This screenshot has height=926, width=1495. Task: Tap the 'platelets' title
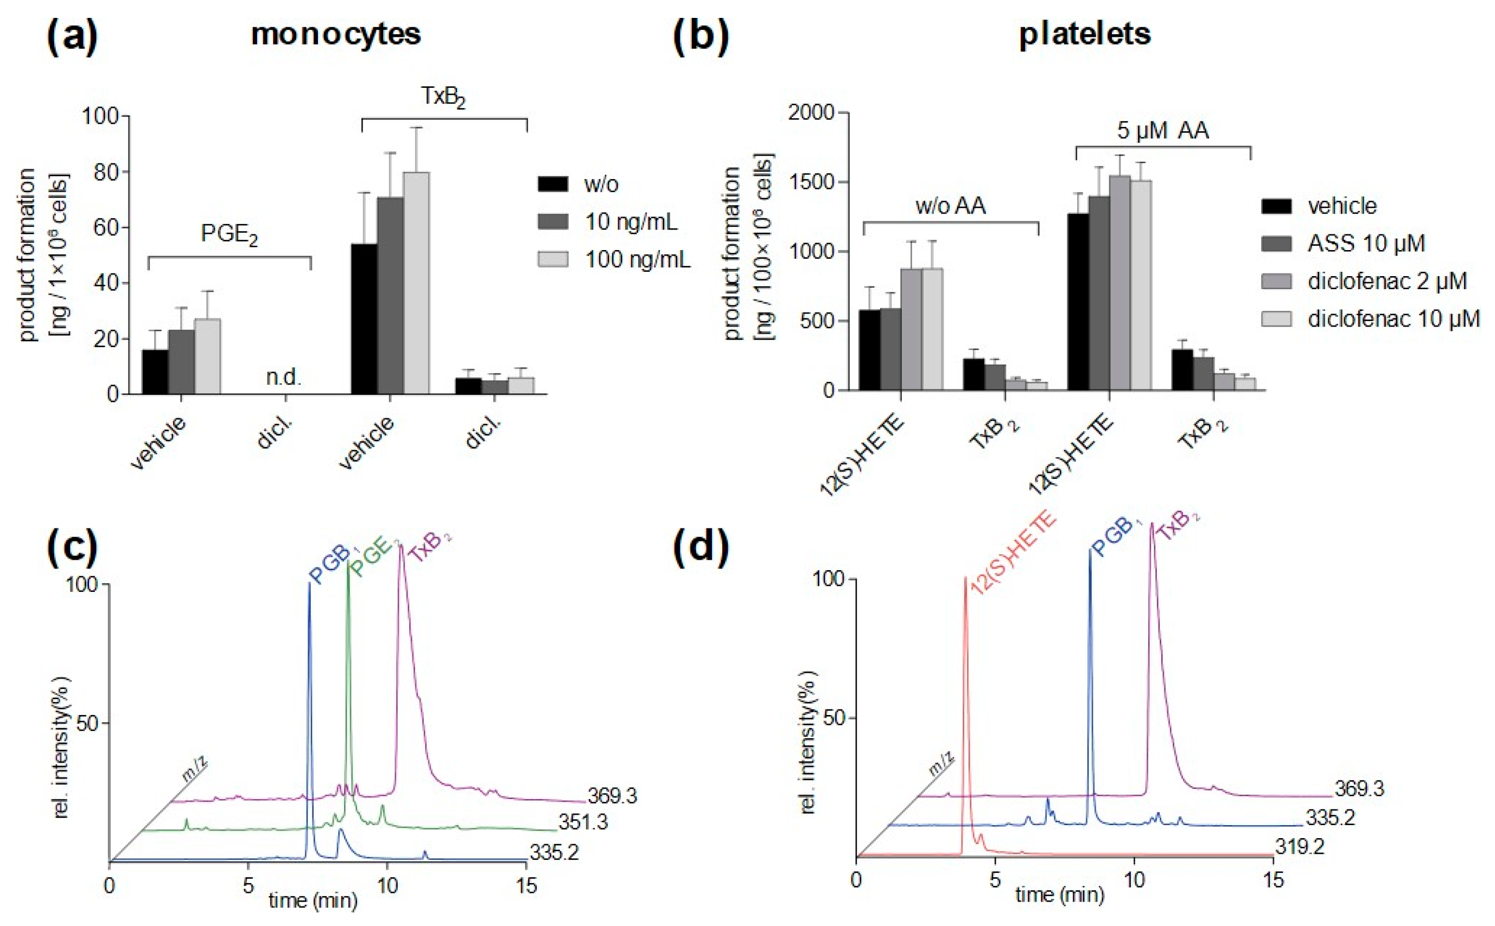click(x=1084, y=34)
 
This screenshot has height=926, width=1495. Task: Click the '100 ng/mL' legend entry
click(x=637, y=260)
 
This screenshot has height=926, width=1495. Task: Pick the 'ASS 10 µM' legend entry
click(x=1366, y=243)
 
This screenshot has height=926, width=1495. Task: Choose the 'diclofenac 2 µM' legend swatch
click(x=1276, y=281)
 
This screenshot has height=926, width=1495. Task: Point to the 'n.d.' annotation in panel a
click(x=284, y=376)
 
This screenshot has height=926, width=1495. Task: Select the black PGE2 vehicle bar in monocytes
click(x=155, y=372)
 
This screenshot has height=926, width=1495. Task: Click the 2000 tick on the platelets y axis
click(x=812, y=113)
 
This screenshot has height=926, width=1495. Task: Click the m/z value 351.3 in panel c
click(x=582, y=822)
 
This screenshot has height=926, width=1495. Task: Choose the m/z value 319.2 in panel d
click(x=1300, y=847)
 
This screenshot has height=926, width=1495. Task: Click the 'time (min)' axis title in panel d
click(x=1060, y=895)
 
